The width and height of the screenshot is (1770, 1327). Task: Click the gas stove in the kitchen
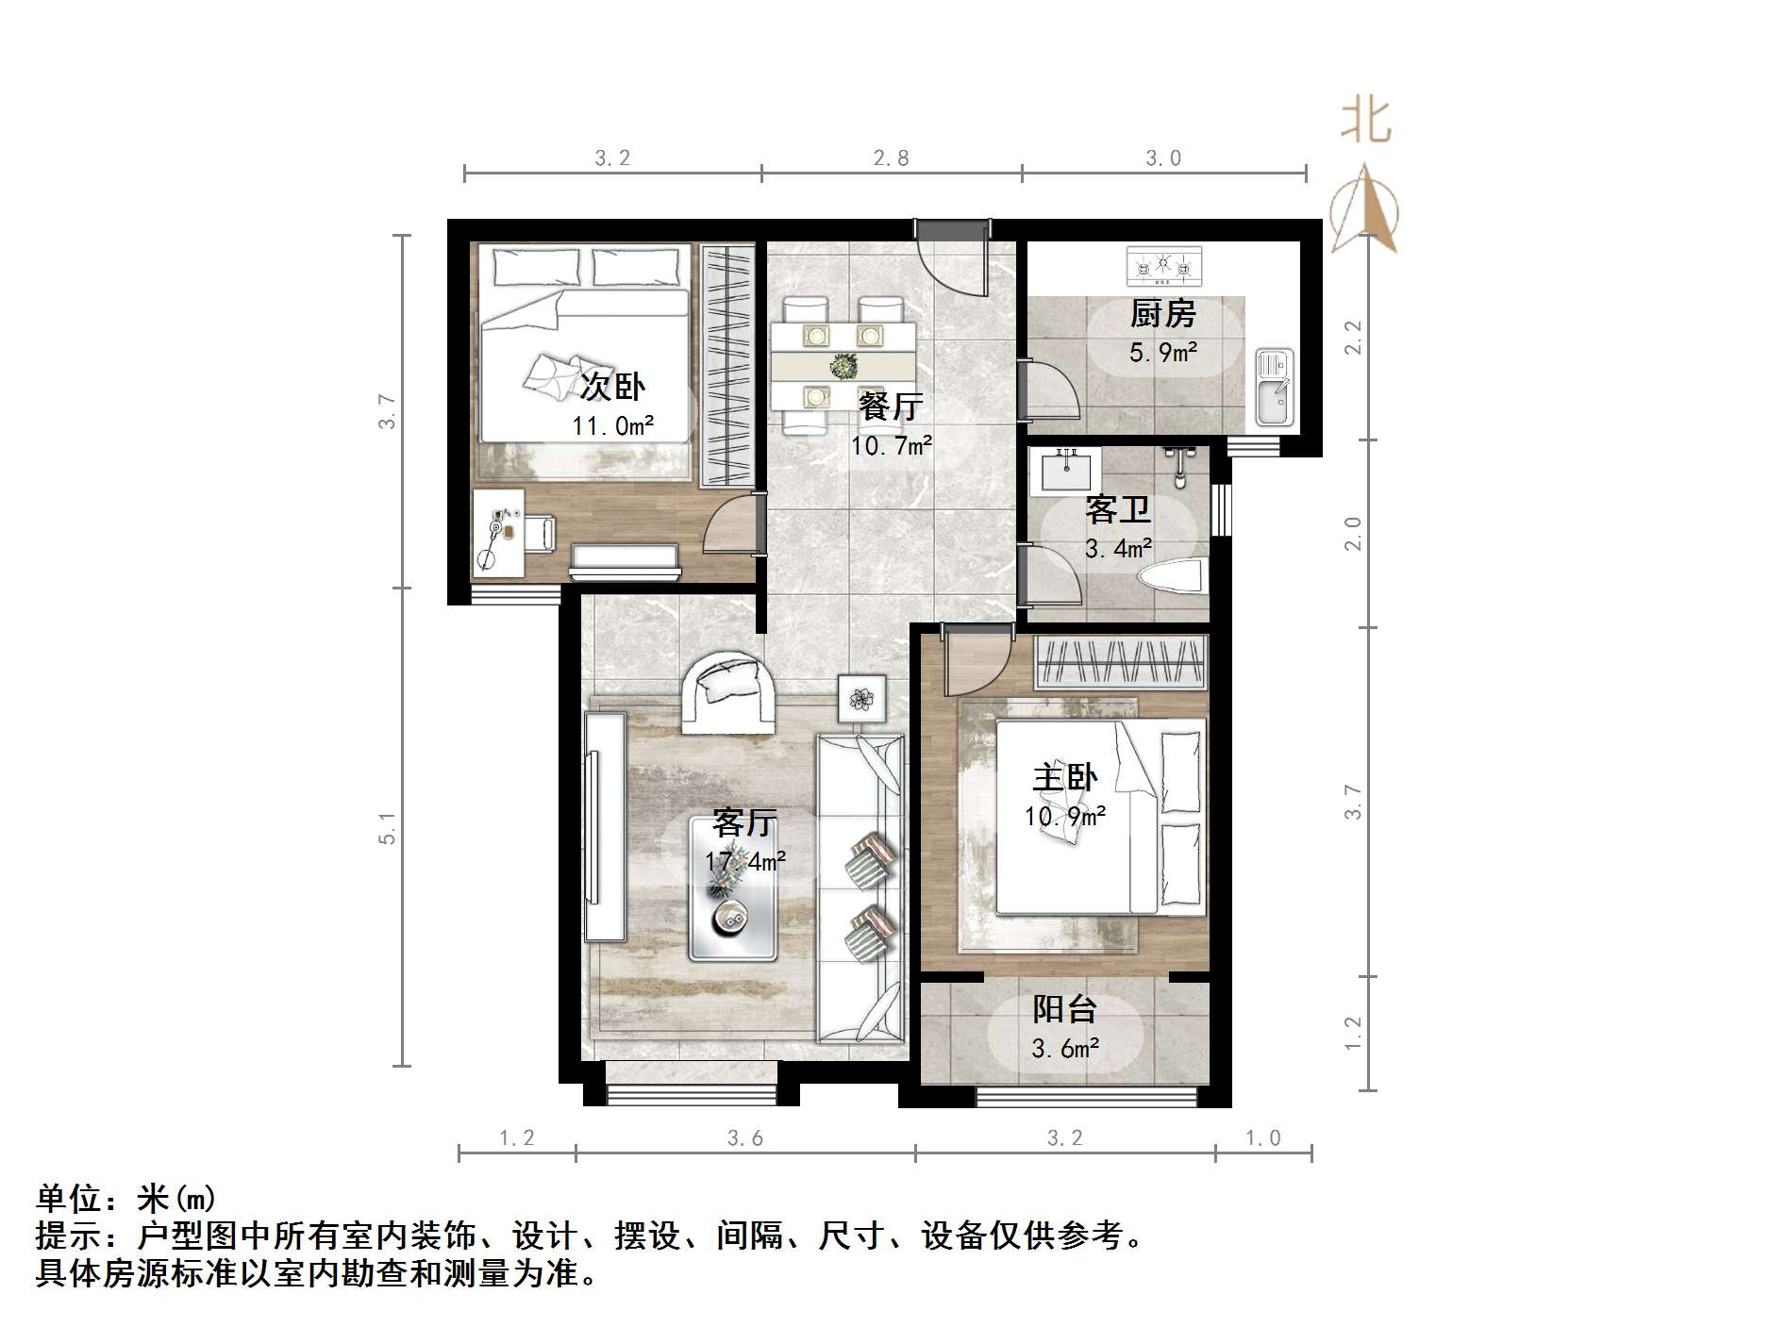tap(1165, 266)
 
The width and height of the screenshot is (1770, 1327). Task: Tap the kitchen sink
tap(1274, 387)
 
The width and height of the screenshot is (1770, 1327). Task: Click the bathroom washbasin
tap(1069, 471)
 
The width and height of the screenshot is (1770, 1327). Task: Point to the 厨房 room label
tap(1163, 314)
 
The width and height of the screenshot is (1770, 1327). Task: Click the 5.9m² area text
tap(1163, 353)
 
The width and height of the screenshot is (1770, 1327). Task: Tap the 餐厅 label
tap(891, 406)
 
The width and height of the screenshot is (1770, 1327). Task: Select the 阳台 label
tap(1065, 1009)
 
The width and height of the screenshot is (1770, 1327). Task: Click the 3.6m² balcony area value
tap(1065, 1048)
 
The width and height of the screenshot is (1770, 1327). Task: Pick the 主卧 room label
tap(1065, 778)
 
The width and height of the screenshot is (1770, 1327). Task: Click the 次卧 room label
tap(612, 386)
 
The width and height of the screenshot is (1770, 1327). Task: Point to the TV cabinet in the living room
tap(605, 826)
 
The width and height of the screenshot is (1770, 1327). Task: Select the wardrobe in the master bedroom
tap(1121, 662)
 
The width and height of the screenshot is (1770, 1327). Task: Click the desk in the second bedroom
tap(498, 533)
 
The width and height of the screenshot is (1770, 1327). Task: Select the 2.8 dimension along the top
tap(891, 158)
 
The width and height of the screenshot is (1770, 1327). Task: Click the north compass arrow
tap(1364, 209)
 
